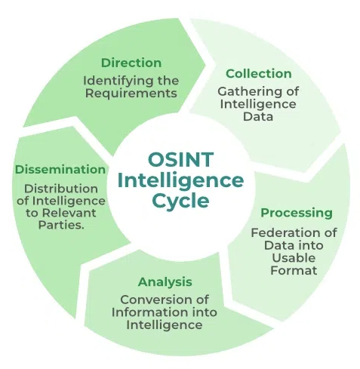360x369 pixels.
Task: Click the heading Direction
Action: (x=131, y=63)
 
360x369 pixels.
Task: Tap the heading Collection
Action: (x=259, y=74)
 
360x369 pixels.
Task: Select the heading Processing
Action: (x=297, y=213)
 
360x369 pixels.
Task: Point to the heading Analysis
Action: (x=165, y=282)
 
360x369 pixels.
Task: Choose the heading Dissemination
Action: (x=60, y=169)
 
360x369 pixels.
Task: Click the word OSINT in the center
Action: (x=180, y=159)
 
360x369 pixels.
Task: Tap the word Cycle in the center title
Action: (x=180, y=201)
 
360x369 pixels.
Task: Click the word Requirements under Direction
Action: (x=131, y=93)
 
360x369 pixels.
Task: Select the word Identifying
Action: (x=118, y=81)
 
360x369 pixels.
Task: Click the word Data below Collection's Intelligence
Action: (x=258, y=117)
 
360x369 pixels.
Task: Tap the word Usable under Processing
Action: (x=294, y=258)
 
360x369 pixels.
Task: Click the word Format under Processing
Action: (x=294, y=270)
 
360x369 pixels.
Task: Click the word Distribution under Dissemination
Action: (x=61, y=189)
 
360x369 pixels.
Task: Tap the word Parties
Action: (x=61, y=225)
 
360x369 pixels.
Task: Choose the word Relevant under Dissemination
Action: (x=69, y=213)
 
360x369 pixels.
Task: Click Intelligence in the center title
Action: (x=180, y=180)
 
